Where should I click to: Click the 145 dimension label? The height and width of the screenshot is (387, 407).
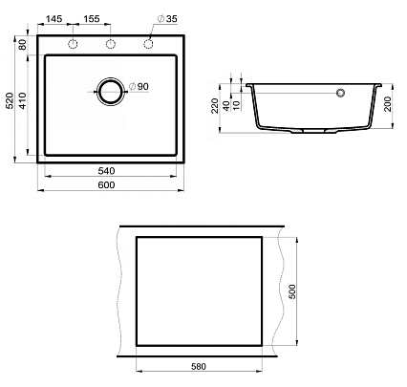[54, 19]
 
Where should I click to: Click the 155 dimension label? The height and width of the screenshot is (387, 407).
[92, 19]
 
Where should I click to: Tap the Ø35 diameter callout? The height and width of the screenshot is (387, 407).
[167, 19]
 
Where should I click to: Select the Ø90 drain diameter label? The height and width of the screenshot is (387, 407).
[139, 86]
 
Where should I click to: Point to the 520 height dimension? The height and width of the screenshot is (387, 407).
[10, 100]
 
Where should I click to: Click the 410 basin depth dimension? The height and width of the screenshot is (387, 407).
[23, 100]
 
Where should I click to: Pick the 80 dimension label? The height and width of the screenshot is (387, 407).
[23, 45]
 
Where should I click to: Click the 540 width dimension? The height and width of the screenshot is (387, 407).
[106, 171]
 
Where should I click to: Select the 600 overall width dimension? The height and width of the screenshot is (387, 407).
[106, 184]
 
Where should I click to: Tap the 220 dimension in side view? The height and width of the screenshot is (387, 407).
[215, 105]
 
